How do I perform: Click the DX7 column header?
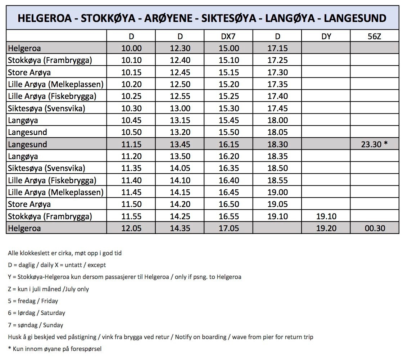(228, 36)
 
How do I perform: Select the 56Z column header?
(375, 36)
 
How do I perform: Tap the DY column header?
(326, 36)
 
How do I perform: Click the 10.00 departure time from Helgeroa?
(131, 48)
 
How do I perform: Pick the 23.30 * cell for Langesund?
(375, 144)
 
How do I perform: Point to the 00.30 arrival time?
(375, 228)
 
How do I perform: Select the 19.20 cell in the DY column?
(326, 228)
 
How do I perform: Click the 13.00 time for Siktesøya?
(180, 108)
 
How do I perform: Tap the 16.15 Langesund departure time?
(228, 144)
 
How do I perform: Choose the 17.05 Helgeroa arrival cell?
(228, 228)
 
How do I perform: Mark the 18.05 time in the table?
(277, 132)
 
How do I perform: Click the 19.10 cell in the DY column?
(326, 216)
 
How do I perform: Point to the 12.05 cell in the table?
(131, 228)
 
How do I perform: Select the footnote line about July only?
(48, 289)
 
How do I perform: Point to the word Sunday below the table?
(53, 325)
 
